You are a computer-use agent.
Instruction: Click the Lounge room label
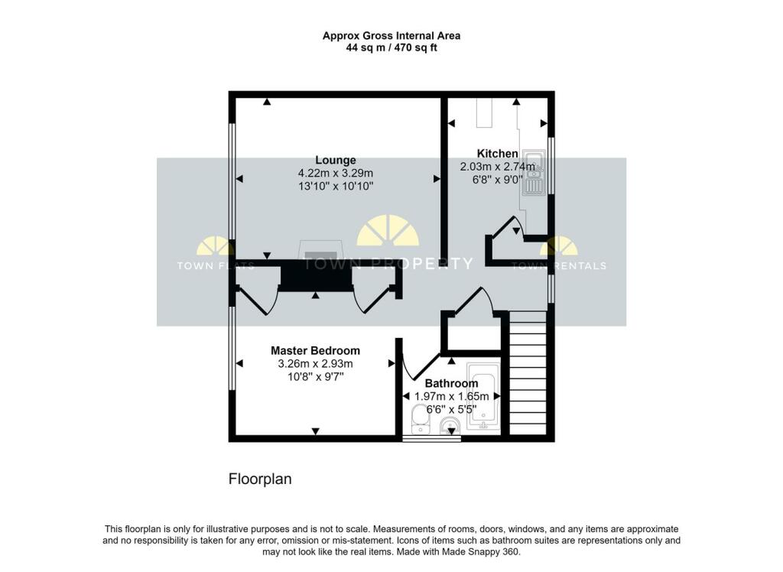[x=336, y=160]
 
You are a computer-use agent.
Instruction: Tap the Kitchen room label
[x=497, y=154]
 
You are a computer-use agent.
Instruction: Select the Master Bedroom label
[x=315, y=351]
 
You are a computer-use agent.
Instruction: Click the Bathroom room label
[x=451, y=383]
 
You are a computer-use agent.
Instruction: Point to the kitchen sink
[x=533, y=172]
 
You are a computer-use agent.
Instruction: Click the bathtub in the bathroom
[x=483, y=397]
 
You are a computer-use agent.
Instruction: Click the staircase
[x=528, y=372]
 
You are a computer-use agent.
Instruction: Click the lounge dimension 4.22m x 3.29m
[x=336, y=174]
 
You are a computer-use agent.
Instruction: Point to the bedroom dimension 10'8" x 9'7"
[x=315, y=377]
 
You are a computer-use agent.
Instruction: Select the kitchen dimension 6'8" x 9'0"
[x=497, y=180]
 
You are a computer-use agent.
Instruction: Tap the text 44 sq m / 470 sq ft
[x=391, y=48]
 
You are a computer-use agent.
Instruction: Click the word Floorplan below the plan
[x=260, y=479]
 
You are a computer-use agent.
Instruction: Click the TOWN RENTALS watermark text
[x=559, y=266]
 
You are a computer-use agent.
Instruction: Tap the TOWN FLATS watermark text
[x=216, y=266]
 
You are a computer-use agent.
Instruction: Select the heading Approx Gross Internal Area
[x=391, y=35]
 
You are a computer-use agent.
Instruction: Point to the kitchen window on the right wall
[x=551, y=165]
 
